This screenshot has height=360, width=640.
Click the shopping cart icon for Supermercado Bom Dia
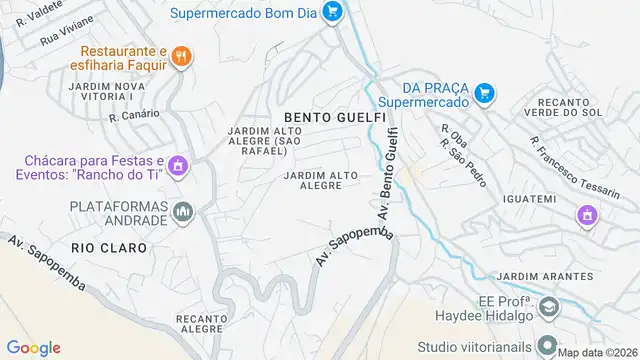coord(334,13)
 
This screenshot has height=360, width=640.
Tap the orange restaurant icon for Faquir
coord(181,57)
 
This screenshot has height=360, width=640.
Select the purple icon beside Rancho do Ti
coord(178,165)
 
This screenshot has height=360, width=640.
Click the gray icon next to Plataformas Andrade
coord(182,211)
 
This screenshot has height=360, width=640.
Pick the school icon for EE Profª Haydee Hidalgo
coord(547,307)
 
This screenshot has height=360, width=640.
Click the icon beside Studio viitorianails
coord(547,346)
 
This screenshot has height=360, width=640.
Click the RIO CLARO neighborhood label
coord(109,247)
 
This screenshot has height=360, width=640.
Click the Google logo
coord(34,347)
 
